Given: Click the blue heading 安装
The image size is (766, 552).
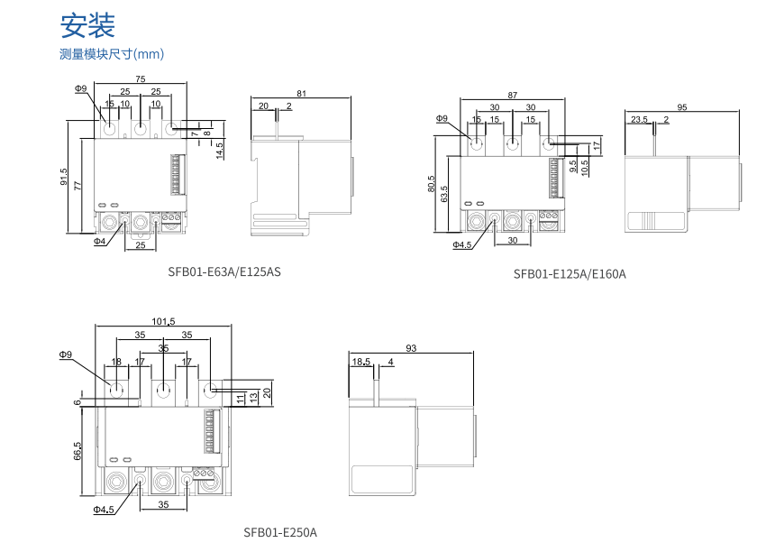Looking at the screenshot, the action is click(87, 25).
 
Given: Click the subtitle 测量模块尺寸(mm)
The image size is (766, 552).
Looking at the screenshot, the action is click(112, 54).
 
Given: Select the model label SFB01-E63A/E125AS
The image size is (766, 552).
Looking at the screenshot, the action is click(224, 271).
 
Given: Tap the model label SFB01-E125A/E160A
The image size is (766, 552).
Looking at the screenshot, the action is click(570, 274).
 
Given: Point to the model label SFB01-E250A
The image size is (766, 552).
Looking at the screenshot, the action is click(280, 532).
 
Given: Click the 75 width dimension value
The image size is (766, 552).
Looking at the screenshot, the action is click(141, 78).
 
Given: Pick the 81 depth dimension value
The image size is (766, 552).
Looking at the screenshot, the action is click(301, 94).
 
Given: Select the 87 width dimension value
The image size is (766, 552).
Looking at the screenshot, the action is click(513, 95).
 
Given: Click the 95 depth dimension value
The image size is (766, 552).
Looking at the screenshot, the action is click(682, 107).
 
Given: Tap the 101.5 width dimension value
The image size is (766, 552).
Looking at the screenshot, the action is click(163, 321).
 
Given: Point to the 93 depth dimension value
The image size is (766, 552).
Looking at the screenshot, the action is click(411, 348).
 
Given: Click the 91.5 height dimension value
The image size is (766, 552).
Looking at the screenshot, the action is click(64, 177).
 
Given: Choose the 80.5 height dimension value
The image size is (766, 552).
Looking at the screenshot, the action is click(431, 183).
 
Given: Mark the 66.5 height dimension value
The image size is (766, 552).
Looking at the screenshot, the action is click(78, 451).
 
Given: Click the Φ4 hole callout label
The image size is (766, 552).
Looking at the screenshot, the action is click(100, 241).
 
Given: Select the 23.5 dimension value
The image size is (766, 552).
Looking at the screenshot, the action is click(639, 119).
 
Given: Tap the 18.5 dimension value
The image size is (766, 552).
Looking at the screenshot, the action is click(361, 362).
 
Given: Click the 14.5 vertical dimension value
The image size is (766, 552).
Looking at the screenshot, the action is click(219, 150).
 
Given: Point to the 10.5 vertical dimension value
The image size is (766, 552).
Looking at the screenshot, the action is click(585, 167).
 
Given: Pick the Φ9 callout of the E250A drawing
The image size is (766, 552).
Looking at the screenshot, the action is click(66, 354).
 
